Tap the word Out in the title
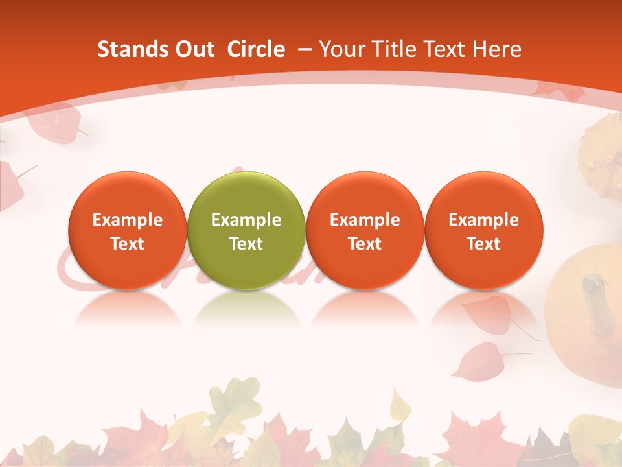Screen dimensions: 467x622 click(x=192, y=49)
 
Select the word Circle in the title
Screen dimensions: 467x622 click(x=256, y=49)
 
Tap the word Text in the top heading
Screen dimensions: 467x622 click(x=439, y=49)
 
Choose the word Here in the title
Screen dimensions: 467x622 click(x=496, y=49)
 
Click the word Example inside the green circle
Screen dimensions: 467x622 click(x=246, y=220)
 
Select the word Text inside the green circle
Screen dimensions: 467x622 click(x=246, y=244)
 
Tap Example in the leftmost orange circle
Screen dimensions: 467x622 click(x=128, y=220)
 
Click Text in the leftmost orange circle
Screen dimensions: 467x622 click(x=128, y=244)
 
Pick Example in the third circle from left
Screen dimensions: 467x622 click(x=365, y=220)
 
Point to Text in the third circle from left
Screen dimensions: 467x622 click(x=365, y=244)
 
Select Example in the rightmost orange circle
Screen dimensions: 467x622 click(x=483, y=220)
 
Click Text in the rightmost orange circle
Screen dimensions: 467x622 click(x=483, y=244)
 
